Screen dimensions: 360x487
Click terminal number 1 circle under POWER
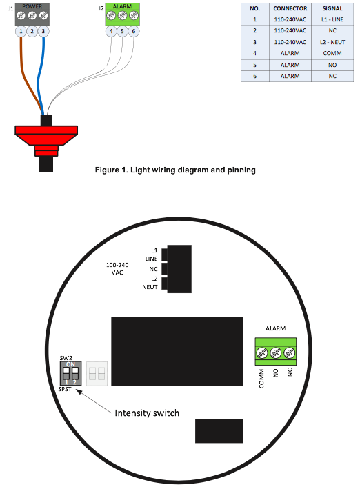pyautogui.click(x=21, y=31)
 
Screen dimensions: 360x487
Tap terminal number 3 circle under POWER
pyautogui.click(x=43, y=31)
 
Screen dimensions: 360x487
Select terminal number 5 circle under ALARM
pyautogui.click(x=122, y=31)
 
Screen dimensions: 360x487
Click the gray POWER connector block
pyautogui.click(x=32, y=14)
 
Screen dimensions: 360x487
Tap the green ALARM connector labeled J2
pyautogui.click(x=122, y=14)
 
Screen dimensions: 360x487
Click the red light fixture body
pyautogui.click(x=46, y=140)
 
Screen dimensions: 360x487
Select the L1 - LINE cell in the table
pyautogui.click(x=332, y=19)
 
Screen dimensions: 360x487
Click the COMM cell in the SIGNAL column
pyautogui.click(x=332, y=53)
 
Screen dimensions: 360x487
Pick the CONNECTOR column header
pyautogui.click(x=290, y=8)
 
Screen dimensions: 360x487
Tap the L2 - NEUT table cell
pyautogui.click(x=332, y=42)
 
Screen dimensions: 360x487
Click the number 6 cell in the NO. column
pyautogui.click(x=254, y=76)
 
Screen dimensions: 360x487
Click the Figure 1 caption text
pyautogui.click(x=175, y=170)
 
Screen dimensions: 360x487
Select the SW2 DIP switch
pyautogui.click(x=70, y=373)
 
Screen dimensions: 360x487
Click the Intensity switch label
pyautogui.click(x=147, y=413)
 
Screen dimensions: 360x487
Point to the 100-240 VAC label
pyautogui.click(x=117, y=268)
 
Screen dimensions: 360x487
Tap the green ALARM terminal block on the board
pyautogui.click(x=275, y=352)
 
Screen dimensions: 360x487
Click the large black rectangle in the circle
pyautogui.click(x=177, y=351)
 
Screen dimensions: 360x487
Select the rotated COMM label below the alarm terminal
pyautogui.click(x=261, y=379)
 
